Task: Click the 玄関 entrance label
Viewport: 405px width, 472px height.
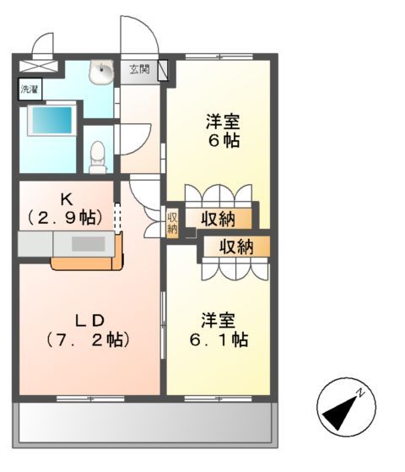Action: (139, 70)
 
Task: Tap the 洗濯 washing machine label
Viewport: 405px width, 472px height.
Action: (29, 88)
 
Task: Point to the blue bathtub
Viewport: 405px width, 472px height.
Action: (51, 120)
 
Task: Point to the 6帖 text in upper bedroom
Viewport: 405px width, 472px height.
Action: (224, 141)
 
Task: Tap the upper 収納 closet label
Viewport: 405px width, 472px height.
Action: (218, 220)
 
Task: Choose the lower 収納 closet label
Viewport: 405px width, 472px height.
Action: (236, 247)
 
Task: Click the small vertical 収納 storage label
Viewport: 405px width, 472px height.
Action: (172, 223)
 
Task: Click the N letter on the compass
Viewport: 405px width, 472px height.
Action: (360, 392)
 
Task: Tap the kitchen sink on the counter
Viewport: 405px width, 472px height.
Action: (85, 244)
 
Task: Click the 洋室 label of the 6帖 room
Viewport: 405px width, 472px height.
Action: (224, 121)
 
